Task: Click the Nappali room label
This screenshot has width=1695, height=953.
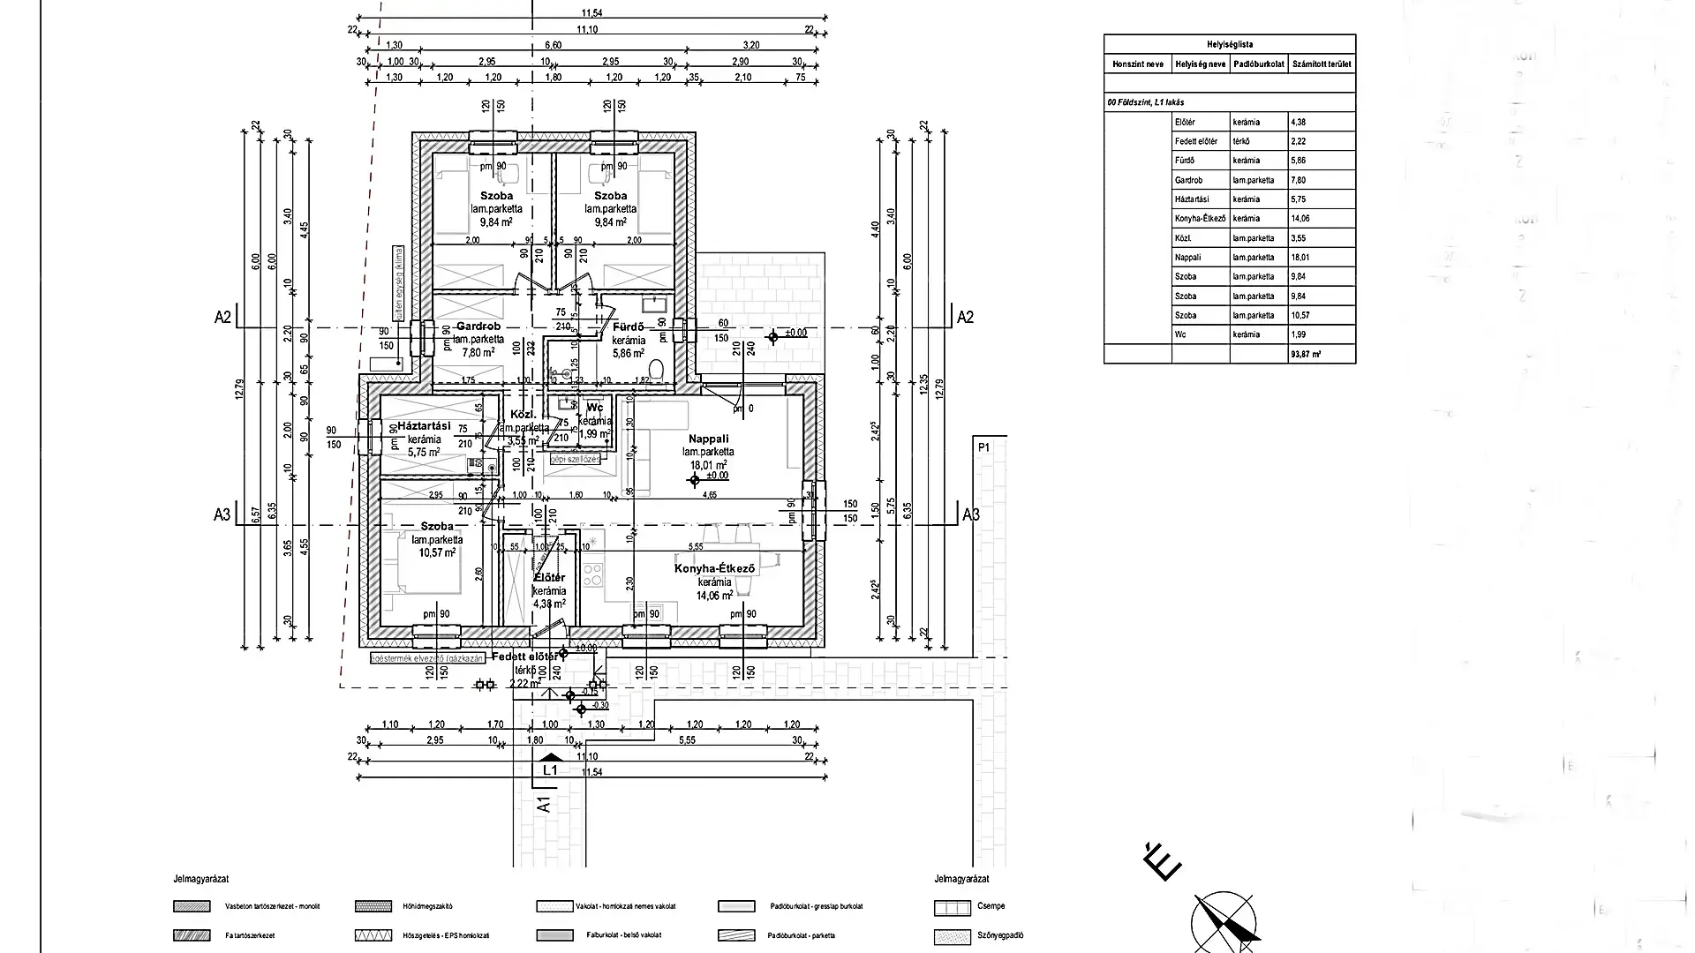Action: pos(708,439)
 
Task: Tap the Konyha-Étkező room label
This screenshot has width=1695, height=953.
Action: pos(714,569)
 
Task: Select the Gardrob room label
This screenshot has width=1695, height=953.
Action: pos(478,326)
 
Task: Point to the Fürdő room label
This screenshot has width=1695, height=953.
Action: pos(629,327)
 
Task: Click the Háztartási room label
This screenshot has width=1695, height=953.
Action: pos(424,426)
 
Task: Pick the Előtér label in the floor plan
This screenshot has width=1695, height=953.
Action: pos(549,578)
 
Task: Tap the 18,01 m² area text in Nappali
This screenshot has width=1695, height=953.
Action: pos(709,464)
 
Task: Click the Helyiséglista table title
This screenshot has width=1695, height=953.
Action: pos(1230,44)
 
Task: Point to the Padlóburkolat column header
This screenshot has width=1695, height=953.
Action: pos(1258,64)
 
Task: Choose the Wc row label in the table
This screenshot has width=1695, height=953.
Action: pos(1180,334)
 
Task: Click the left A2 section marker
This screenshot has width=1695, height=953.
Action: pos(222,317)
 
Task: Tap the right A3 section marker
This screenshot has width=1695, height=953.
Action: pos(970,514)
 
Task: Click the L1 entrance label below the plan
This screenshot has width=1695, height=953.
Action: pos(550,769)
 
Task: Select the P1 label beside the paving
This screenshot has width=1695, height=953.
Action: pos(984,448)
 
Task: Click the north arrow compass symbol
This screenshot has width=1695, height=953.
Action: pos(1223,923)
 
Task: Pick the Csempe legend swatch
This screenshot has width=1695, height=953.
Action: pos(952,906)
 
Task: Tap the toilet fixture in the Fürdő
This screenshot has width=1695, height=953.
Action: pos(655,367)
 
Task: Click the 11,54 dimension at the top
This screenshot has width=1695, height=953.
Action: pos(591,13)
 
